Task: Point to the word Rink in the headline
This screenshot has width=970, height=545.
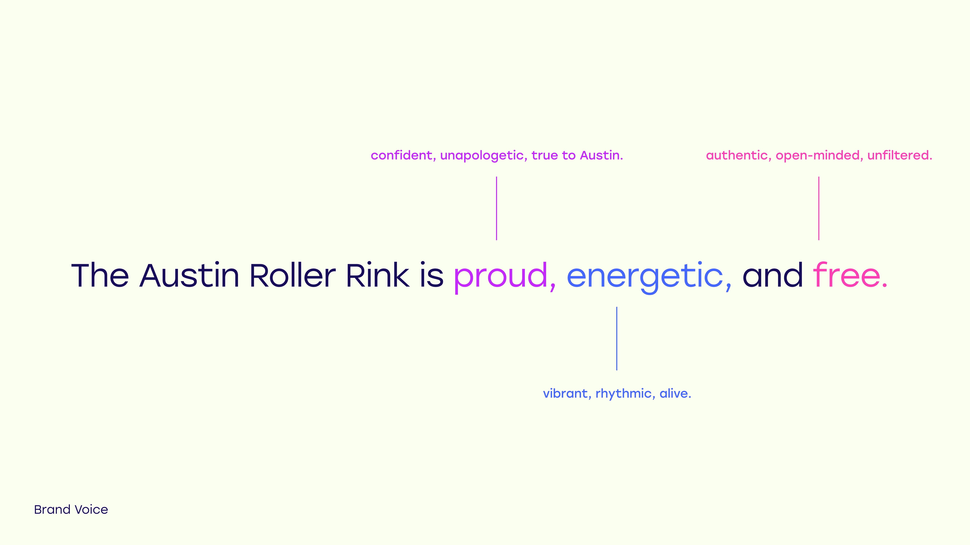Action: click(x=377, y=276)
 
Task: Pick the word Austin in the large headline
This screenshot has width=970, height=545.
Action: click(x=189, y=276)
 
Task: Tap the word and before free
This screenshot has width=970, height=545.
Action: click(x=773, y=276)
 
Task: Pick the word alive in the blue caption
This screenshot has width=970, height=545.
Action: click(x=674, y=393)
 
